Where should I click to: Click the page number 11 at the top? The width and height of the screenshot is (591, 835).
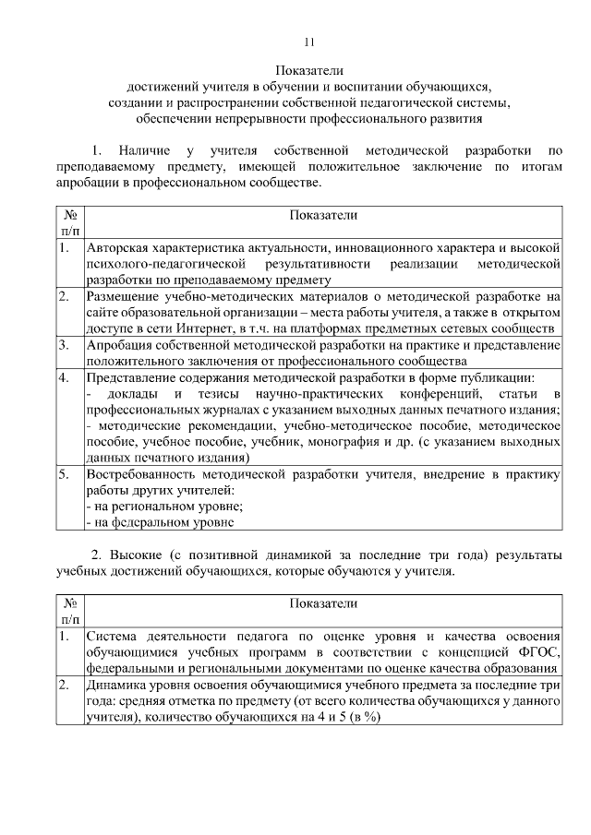309,42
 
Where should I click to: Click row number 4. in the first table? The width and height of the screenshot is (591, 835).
64,377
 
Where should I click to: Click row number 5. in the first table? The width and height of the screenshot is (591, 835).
64,473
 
